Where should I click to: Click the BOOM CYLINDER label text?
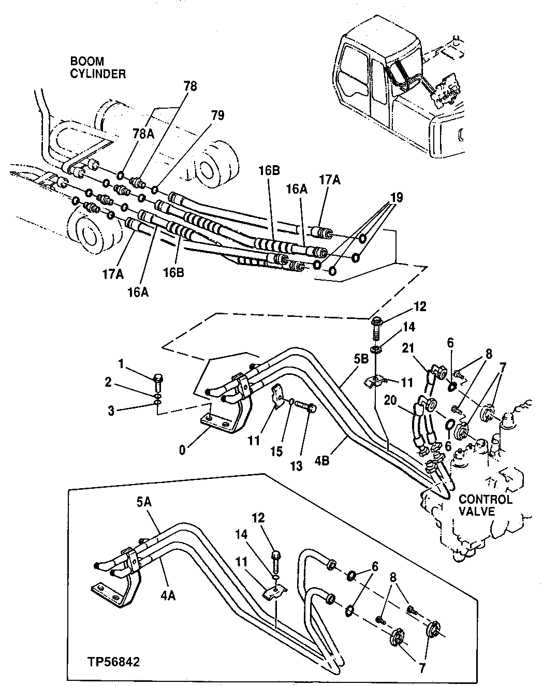pyautogui.click(x=98, y=68)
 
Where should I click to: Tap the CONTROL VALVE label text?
pyautogui.click(x=486, y=505)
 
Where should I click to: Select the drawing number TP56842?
pyautogui.click(x=113, y=662)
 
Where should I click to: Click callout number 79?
pyautogui.click(x=217, y=115)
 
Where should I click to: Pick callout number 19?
pyautogui.click(x=396, y=198)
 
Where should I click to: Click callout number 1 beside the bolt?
pyautogui.click(x=122, y=364)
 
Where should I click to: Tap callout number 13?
pyautogui.click(x=296, y=466)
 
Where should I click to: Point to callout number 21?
pyautogui.click(x=408, y=351)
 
